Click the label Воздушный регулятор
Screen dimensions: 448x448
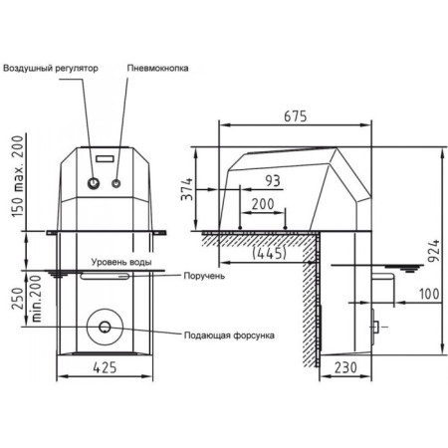pyautogui.click(x=51, y=69)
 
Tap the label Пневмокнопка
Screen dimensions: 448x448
pyautogui.click(x=157, y=68)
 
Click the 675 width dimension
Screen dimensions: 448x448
pyautogui.click(x=296, y=116)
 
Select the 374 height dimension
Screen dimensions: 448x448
pyautogui.click(x=186, y=189)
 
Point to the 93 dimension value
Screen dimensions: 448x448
pyautogui.click(x=273, y=181)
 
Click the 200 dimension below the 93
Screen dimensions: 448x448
pyautogui.click(x=263, y=204)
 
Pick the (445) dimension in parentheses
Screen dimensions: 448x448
pyautogui.click(x=269, y=253)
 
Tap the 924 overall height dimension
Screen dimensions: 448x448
pyautogui.click(x=433, y=251)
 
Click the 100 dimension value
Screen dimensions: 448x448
pyautogui.click(x=429, y=294)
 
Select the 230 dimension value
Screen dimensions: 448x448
pyautogui.click(x=345, y=367)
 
